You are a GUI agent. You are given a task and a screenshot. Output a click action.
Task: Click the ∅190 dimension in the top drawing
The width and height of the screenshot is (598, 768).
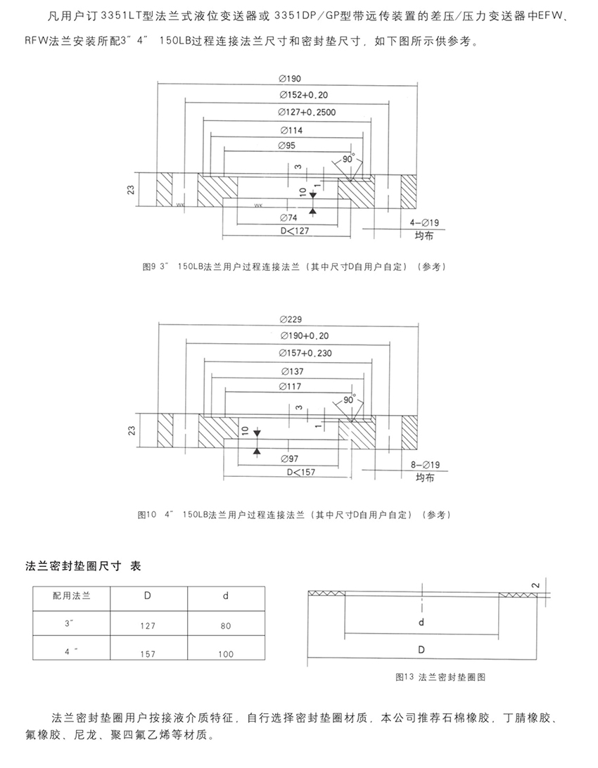click(291, 79)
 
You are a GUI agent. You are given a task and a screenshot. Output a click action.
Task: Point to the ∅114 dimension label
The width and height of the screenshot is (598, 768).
click(291, 130)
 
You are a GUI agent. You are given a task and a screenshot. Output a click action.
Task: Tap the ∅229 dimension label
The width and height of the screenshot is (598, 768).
click(291, 321)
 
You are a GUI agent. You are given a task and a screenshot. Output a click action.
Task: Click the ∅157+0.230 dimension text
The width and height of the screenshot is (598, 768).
click(305, 353)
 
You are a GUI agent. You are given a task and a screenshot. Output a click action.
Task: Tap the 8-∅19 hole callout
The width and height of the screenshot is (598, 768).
click(424, 465)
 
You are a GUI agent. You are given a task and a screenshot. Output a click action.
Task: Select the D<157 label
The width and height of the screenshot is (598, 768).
click(296, 471)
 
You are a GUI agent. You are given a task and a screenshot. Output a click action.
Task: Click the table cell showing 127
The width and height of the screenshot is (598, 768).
click(148, 624)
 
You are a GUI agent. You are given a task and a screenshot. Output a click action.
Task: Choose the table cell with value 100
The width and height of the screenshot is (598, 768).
click(226, 654)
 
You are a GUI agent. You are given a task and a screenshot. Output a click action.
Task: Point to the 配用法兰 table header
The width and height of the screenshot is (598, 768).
click(71, 595)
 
